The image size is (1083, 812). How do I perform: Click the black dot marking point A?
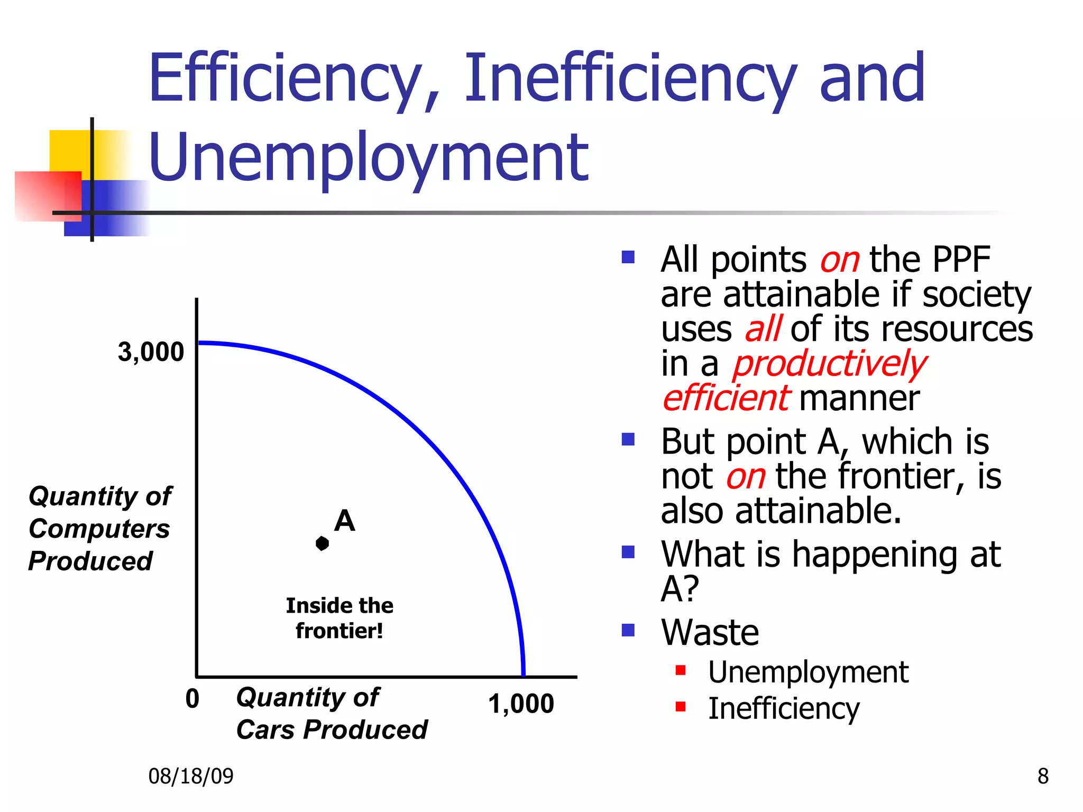coord(322,543)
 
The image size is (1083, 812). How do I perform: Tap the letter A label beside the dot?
coord(344,521)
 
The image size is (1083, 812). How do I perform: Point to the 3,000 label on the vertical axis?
coord(151,352)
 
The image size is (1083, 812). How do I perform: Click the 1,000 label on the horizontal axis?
coord(521,704)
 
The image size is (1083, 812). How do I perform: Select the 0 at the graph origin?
coord(192,699)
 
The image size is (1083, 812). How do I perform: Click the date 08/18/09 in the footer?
coord(190,776)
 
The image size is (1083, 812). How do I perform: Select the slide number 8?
coord(1043,776)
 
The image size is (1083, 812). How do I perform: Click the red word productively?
coord(829,364)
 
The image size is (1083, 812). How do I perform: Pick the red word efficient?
coord(726,398)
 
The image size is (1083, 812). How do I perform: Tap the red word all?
coord(763,329)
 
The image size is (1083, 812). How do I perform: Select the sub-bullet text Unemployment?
coord(808,672)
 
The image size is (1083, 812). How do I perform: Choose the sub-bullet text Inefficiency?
coord(784,708)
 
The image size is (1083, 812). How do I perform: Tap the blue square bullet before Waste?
coord(628,630)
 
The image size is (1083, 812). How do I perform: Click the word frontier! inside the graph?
coord(339,631)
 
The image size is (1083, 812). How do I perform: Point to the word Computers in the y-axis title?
coord(99,529)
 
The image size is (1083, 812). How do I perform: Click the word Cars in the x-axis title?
coord(265,730)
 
